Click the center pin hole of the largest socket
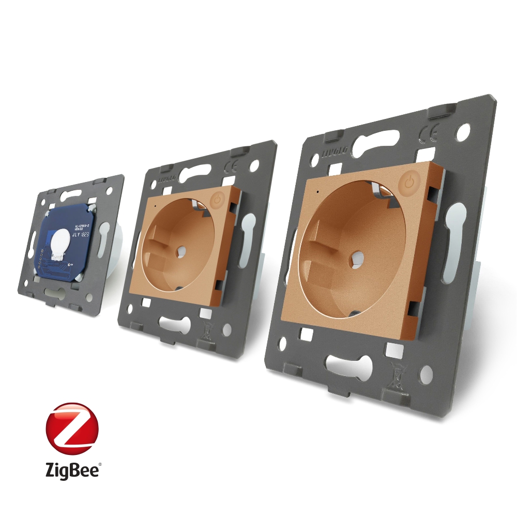[356, 256]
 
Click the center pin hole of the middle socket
[181, 251]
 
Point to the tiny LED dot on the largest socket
[316, 192]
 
